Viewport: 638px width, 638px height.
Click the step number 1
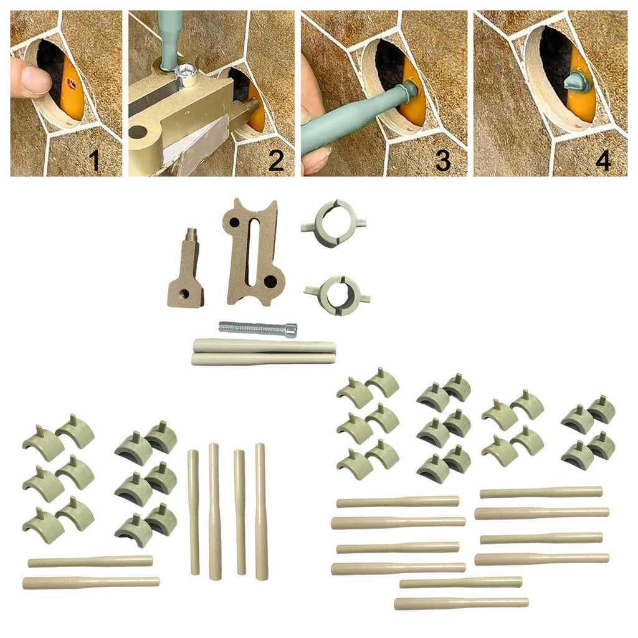(x=95, y=160)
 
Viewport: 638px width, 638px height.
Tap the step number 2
(x=276, y=161)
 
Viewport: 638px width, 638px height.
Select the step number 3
(x=443, y=161)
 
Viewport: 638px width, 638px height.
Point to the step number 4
(x=603, y=161)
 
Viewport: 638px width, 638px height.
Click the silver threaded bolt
(x=258, y=329)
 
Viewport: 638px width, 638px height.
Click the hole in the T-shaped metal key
(x=185, y=293)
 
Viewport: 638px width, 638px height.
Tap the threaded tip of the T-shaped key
(x=192, y=234)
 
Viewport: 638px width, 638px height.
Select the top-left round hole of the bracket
(x=234, y=222)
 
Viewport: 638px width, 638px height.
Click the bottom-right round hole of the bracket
(x=270, y=280)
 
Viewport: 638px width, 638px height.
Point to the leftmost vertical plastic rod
(x=194, y=512)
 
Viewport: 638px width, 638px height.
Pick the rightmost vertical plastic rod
(x=260, y=512)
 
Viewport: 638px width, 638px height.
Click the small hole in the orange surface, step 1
(x=73, y=85)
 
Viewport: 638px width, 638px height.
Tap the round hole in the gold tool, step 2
(x=138, y=132)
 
